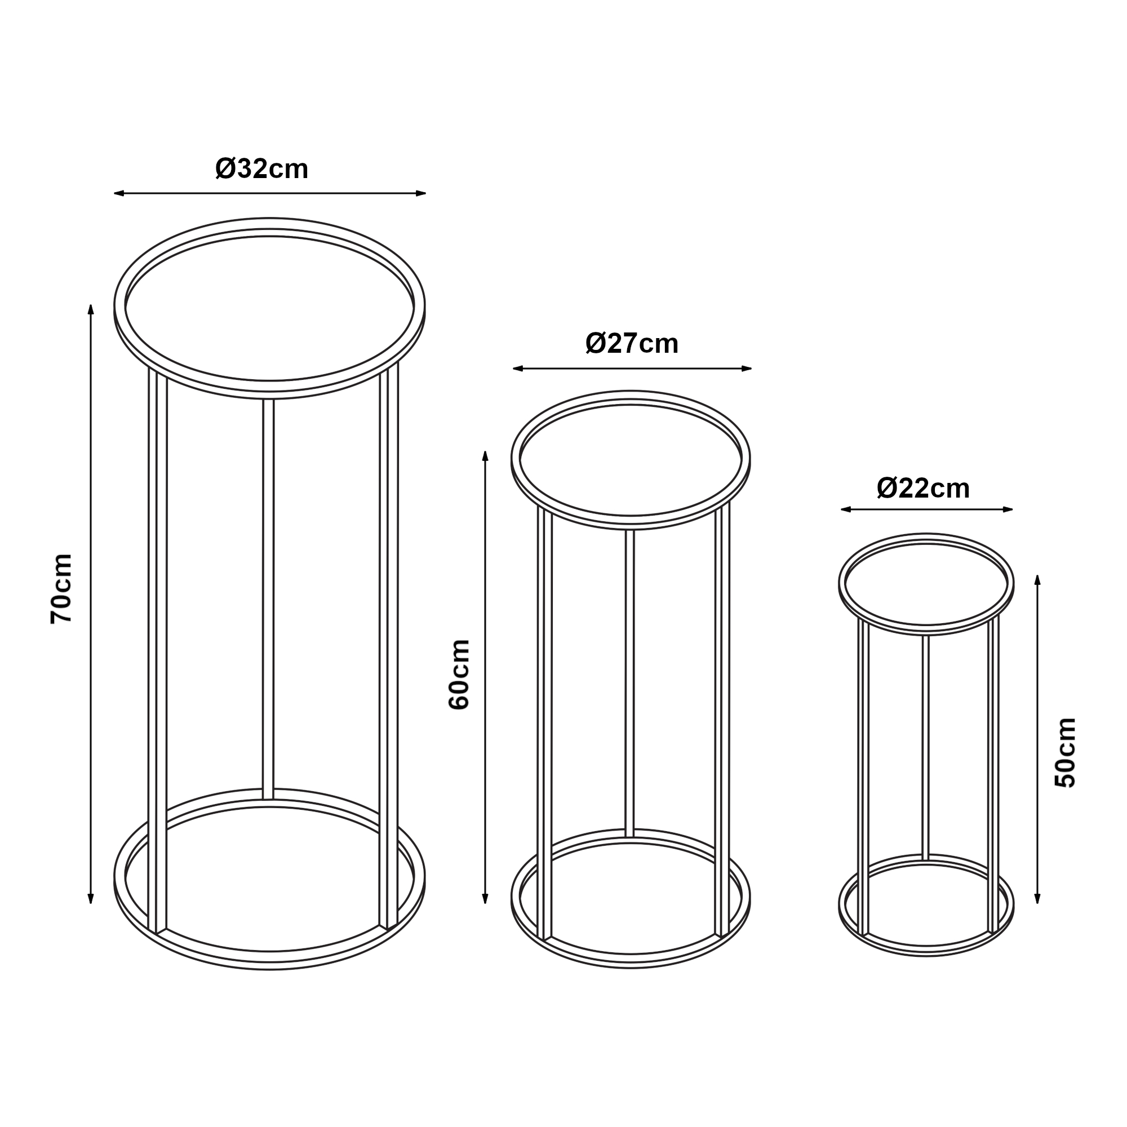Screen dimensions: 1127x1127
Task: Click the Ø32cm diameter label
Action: [x=261, y=169]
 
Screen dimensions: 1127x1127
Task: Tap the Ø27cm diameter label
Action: [x=632, y=344]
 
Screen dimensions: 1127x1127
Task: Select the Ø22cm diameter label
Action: [x=923, y=488]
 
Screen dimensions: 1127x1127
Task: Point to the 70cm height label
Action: [x=61, y=589]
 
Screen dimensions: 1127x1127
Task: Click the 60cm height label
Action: [x=459, y=675]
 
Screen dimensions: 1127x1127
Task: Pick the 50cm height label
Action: [x=1065, y=753]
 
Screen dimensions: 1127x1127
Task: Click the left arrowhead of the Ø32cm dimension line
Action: [x=119, y=193]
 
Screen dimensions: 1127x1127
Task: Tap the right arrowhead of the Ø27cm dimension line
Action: [x=746, y=369]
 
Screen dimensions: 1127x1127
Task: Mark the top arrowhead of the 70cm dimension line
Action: [x=91, y=309]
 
